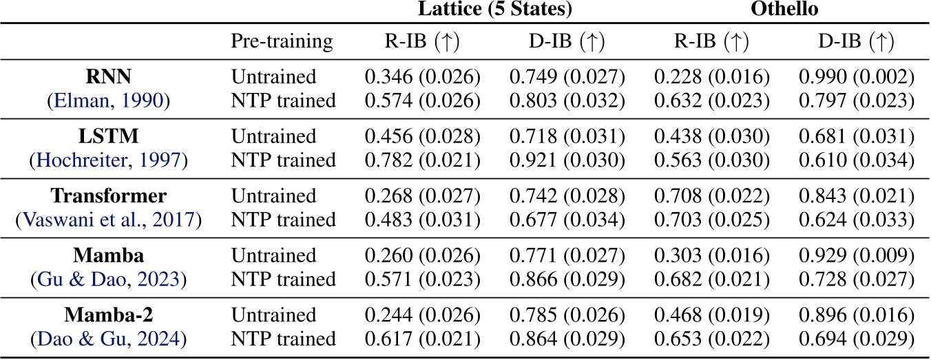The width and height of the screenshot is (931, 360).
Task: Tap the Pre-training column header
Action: [282, 42]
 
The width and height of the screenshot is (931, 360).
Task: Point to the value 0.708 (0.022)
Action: [709, 197]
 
